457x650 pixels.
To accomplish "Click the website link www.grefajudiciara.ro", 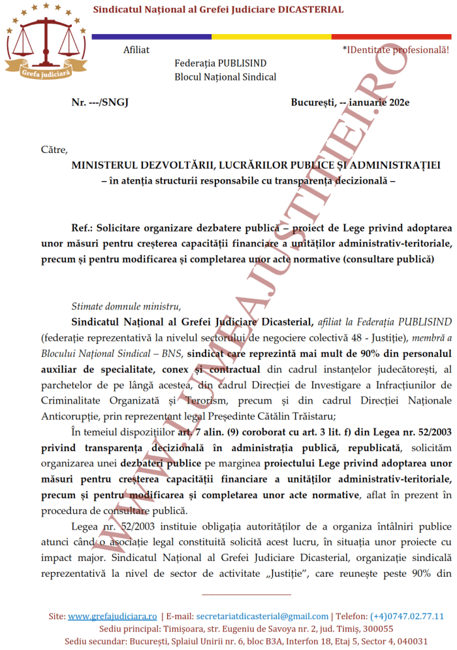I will (112, 616).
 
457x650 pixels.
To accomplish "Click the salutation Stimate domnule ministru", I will (126, 306).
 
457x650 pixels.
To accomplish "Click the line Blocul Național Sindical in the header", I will (225, 77).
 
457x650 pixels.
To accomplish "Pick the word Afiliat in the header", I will (136, 50).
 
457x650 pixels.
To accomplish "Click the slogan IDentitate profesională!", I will (398, 50).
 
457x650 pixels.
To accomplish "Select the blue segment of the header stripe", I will (150, 36).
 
